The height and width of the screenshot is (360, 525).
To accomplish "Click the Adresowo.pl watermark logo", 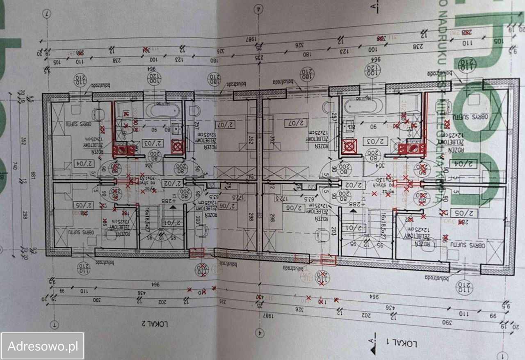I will (43, 346).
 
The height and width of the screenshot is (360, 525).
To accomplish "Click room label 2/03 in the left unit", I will (153, 143).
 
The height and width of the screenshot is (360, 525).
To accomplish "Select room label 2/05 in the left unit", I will (84, 205).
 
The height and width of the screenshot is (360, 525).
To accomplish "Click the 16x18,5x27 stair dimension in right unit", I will (383, 225).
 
